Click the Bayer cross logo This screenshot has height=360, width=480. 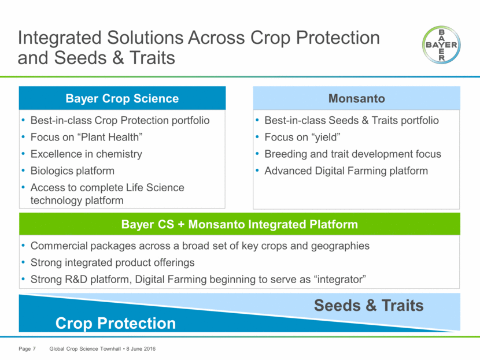(441, 44)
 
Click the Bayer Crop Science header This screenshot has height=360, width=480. (122, 98)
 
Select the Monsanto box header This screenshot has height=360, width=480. (356, 98)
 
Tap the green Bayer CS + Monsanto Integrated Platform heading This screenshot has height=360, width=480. (239, 224)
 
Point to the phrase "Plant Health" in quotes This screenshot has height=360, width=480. (110, 137)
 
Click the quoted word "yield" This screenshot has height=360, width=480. (326, 137)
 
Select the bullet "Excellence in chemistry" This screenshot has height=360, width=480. (86, 154)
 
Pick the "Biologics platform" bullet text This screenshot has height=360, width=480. (72, 170)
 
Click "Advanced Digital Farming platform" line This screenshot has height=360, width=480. (346, 170)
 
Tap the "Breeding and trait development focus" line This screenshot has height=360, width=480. (353, 154)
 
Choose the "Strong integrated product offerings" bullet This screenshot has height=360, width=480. (112, 262)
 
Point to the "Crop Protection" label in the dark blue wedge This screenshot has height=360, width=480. (116, 323)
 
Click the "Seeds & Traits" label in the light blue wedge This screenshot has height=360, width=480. (369, 305)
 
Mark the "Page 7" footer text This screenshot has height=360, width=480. (27, 348)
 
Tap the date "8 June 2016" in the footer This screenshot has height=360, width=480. (141, 348)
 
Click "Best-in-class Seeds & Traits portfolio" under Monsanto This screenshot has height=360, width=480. (352, 120)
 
